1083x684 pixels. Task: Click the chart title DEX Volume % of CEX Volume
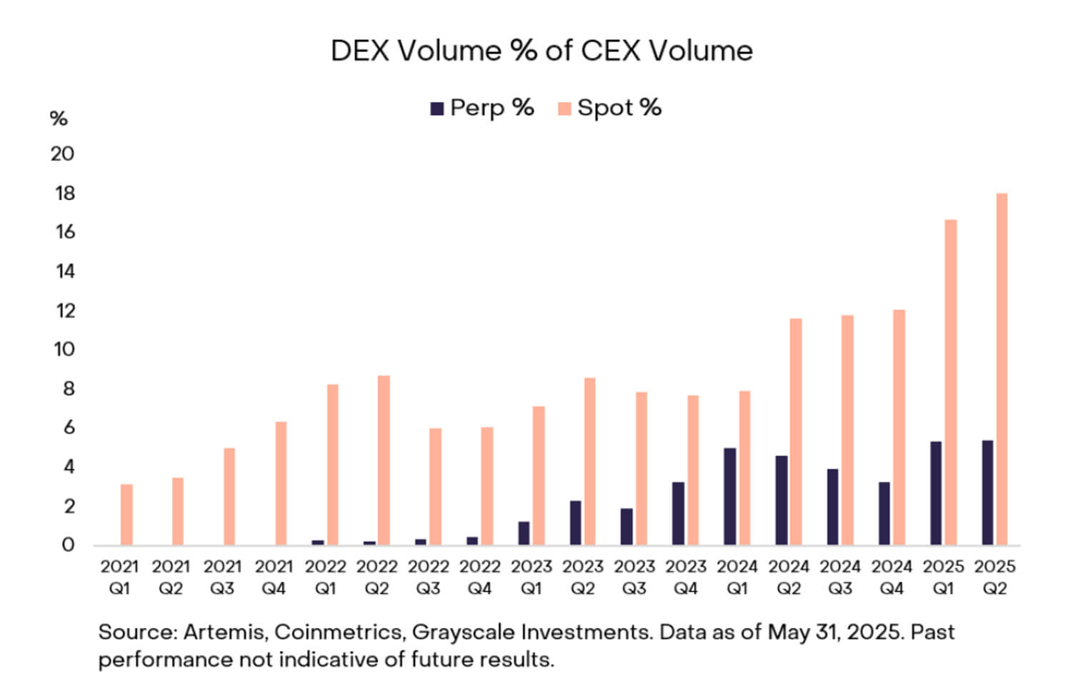click(541, 51)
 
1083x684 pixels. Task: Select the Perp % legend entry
click(482, 108)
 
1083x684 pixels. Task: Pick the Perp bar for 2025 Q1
click(936, 493)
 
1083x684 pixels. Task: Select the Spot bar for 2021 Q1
click(126, 515)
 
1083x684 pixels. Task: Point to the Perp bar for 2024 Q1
click(730, 497)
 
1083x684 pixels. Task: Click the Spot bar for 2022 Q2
click(384, 461)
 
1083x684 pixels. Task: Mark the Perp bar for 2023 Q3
click(627, 527)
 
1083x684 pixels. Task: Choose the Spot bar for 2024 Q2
click(796, 432)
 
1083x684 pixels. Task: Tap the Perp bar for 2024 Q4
click(884, 513)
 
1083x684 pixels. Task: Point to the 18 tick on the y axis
click(64, 193)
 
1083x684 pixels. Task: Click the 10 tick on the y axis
click(64, 349)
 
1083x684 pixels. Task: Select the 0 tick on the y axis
click(68, 545)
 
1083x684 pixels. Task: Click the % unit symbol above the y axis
click(59, 119)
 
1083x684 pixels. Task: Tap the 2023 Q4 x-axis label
click(686, 577)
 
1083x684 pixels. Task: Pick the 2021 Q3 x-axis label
click(222, 577)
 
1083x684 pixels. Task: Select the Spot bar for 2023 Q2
click(590, 461)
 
